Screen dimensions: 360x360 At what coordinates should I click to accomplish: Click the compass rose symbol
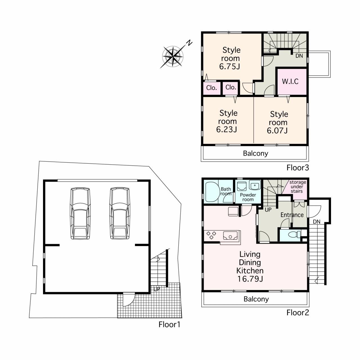(x=173, y=57)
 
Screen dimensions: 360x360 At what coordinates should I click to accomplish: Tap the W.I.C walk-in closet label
(x=290, y=82)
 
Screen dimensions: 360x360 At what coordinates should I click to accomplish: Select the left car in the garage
(x=80, y=213)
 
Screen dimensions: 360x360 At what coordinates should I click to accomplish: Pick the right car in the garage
(x=120, y=213)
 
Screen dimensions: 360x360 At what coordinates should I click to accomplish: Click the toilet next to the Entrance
(x=294, y=234)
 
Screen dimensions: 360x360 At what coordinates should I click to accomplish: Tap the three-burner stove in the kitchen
(x=211, y=235)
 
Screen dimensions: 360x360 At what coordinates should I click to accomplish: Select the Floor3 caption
(x=298, y=168)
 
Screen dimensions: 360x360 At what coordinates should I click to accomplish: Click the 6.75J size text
(x=229, y=66)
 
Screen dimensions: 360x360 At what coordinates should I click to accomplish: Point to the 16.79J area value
(x=250, y=279)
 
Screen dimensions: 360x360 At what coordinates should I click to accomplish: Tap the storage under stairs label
(x=297, y=187)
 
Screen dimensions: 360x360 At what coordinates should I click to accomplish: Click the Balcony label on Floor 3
(x=255, y=153)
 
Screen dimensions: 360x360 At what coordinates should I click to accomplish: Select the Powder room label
(x=248, y=197)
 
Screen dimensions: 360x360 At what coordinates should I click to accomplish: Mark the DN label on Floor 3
(x=299, y=56)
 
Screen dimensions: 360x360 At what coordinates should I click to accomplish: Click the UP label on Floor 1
(x=157, y=289)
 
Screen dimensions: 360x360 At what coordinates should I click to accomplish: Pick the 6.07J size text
(x=277, y=130)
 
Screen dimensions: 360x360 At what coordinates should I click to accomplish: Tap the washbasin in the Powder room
(x=255, y=185)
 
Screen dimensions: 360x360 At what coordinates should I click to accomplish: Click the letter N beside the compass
(x=190, y=43)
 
